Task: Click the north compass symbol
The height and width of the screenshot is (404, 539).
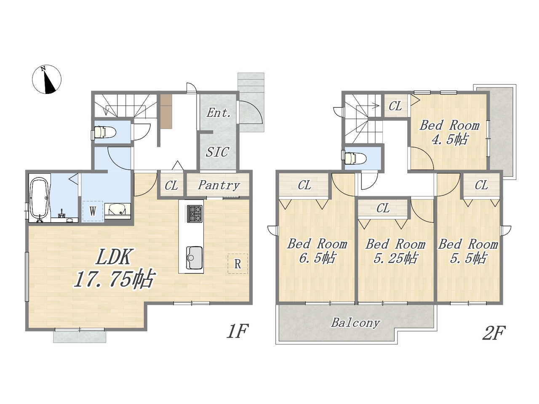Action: point(47,79)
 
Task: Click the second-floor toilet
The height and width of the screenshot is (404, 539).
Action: point(353,158)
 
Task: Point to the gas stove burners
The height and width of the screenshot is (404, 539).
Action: point(195,214)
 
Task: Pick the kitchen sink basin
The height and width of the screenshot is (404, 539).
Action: point(194,258)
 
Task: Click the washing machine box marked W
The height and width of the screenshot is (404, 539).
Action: point(92,211)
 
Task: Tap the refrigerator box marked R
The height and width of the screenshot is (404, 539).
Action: point(237,264)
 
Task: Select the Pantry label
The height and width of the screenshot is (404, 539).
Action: point(219,185)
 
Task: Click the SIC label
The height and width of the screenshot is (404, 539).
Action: point(218,151)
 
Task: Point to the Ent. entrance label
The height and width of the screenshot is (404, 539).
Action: point(218,113)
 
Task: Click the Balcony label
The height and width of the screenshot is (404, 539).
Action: point(355,322)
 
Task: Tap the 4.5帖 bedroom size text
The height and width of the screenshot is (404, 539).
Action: point(449,139)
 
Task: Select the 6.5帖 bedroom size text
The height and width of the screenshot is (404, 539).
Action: point(317,258)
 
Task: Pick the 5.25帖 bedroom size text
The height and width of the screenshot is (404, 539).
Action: point(395,258)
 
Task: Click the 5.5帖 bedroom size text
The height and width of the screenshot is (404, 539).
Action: point(468,258)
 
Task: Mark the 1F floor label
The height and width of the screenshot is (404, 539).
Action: point(237,331)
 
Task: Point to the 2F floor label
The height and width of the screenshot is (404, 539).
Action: point(494,333)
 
